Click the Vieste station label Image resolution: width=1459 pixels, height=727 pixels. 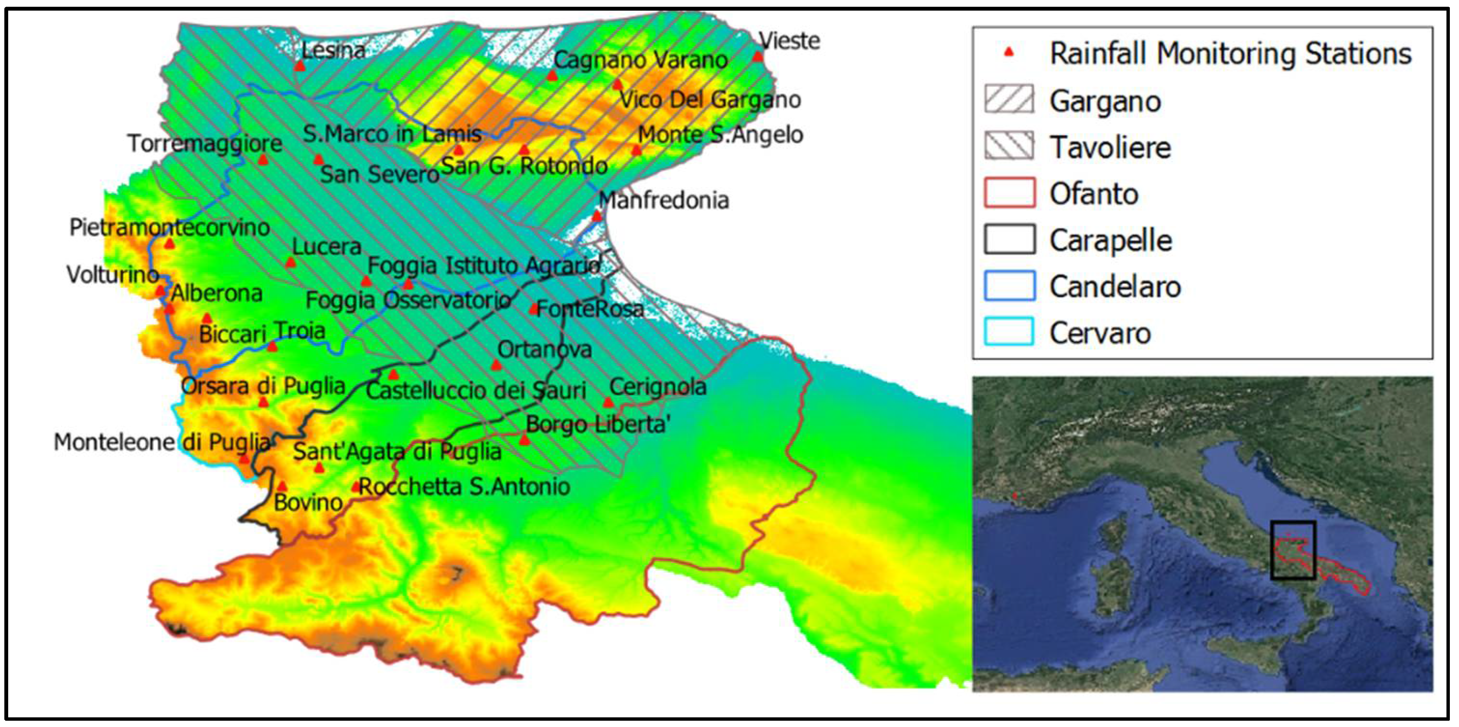pos(789,41)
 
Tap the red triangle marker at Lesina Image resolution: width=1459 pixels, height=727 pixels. pos(300,66)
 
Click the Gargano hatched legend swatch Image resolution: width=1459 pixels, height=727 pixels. pos(1009,100)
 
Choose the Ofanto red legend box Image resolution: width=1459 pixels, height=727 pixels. pos(1009,193)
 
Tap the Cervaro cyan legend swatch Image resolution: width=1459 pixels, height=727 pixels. pos(1009,332)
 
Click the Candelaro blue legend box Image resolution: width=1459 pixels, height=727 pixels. pos(1009,286)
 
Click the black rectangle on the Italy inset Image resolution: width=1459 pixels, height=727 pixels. pos(1293,550)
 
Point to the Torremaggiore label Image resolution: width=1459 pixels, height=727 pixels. pos(205,143)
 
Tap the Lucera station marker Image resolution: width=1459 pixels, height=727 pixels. pos(290,262)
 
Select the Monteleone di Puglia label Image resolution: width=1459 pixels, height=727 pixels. pos(162,442)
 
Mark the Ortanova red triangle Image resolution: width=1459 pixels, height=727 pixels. pos(496,365)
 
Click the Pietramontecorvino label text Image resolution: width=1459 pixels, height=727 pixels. pos(169,228)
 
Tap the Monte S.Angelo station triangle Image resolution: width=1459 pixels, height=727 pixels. pos(636,150)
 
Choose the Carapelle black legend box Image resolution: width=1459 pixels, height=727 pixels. pos(1009,239)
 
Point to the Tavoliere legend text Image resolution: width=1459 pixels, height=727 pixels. pos(1110,147)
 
